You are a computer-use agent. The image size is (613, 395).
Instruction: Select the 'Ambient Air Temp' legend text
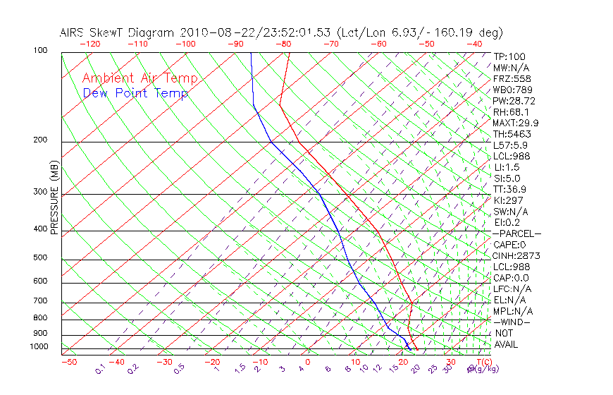click(x=140, y=78)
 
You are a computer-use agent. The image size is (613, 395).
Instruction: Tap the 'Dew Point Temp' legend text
click(x=135, y=94)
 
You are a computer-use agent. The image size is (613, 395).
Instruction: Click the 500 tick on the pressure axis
click(x=41, y=257)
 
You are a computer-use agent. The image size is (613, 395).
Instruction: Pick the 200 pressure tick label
click(x=41, y=140)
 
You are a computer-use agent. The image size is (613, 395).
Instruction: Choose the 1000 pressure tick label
click(x=39, y=346)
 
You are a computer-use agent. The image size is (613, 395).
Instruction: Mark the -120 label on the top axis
click(x=89, y=44)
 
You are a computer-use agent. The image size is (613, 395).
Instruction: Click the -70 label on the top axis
click(x=330, y=44)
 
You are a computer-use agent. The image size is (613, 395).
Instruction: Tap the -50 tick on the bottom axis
click(x=68, y=362)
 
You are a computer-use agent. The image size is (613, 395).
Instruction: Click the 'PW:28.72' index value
click(x=514, y=101)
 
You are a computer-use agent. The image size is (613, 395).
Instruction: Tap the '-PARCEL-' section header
click(x=516, y=233)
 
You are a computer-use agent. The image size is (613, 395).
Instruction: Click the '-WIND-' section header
click(x=512, y=322)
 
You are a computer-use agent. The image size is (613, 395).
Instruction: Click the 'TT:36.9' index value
click(x=509, y=189)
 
